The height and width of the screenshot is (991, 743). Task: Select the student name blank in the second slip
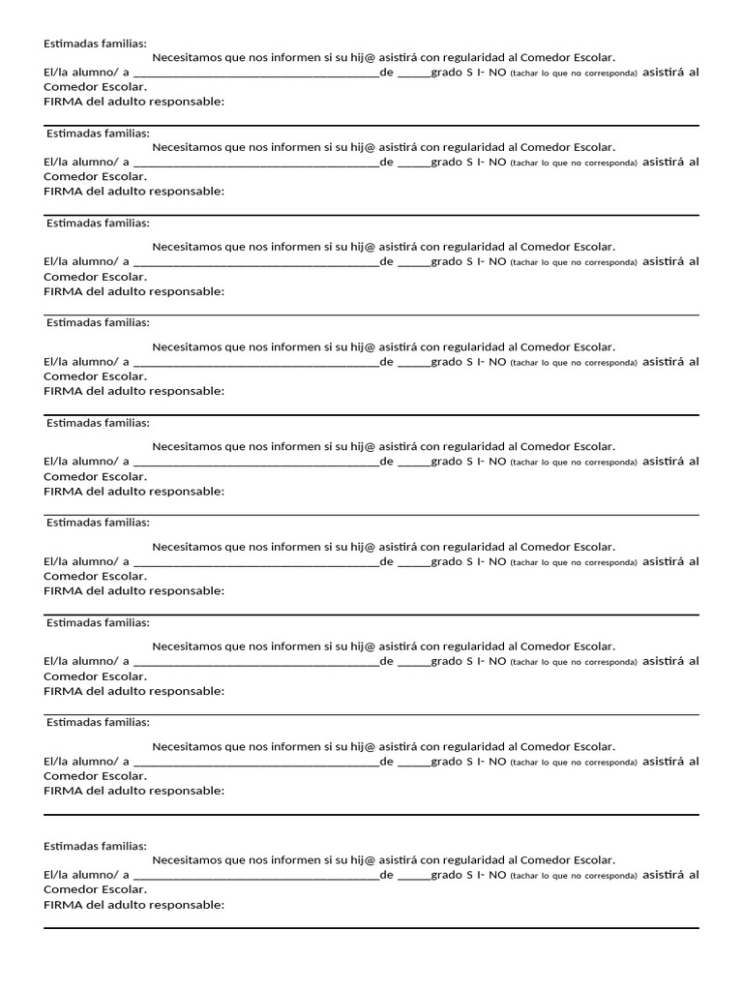255,163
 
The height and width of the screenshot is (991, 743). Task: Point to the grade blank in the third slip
413,262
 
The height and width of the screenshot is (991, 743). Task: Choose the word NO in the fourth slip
497,362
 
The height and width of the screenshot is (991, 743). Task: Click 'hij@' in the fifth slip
363,447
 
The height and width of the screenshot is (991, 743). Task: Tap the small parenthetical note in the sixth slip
574,562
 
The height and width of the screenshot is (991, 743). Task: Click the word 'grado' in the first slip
447,73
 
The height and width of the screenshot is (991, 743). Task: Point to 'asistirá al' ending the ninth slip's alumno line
670,874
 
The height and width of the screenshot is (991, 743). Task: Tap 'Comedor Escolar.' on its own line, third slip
96,277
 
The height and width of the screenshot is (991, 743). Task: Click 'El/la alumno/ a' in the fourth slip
86,362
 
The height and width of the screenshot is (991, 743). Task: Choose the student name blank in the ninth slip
255,875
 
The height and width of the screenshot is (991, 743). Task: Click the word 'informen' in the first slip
294,58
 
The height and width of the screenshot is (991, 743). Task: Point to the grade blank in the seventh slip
413,662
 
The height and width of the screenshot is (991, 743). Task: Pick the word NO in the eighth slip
497,762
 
